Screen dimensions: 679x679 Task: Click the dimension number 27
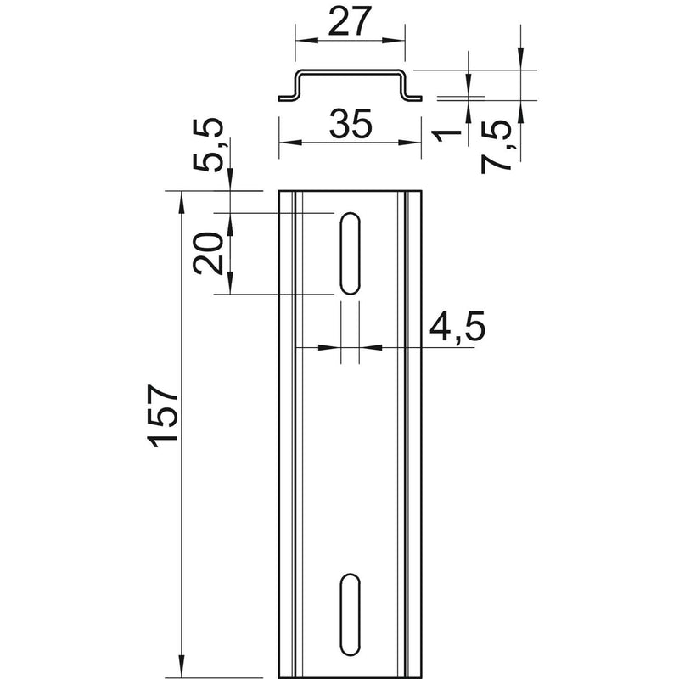(350, 21)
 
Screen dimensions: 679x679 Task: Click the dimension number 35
(351, 124)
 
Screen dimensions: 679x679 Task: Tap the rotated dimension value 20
(208, 253)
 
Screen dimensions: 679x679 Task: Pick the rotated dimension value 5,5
(208, 145)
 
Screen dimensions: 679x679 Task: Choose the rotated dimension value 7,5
(497, 147)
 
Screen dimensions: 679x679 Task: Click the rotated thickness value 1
(447, 136)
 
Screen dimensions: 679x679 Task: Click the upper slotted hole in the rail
(351, 253)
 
